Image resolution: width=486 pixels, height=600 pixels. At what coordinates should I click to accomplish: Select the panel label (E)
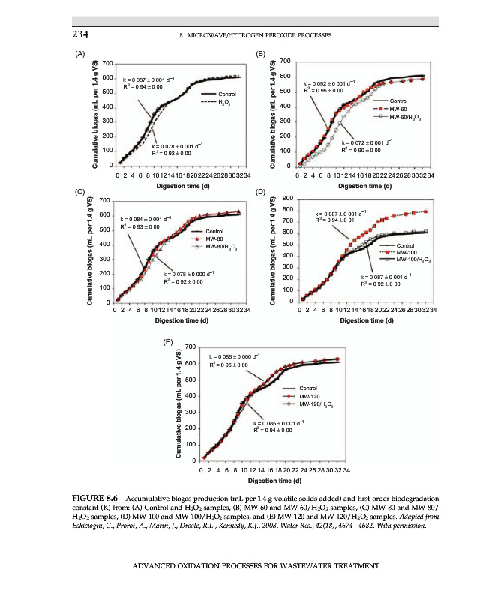[169, 342]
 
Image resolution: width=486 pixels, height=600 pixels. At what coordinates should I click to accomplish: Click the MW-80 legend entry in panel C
[215, 238]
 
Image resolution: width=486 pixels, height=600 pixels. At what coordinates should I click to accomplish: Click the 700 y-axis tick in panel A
[109, 62]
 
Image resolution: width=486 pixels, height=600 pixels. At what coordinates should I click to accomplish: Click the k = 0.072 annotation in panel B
[364, 142]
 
